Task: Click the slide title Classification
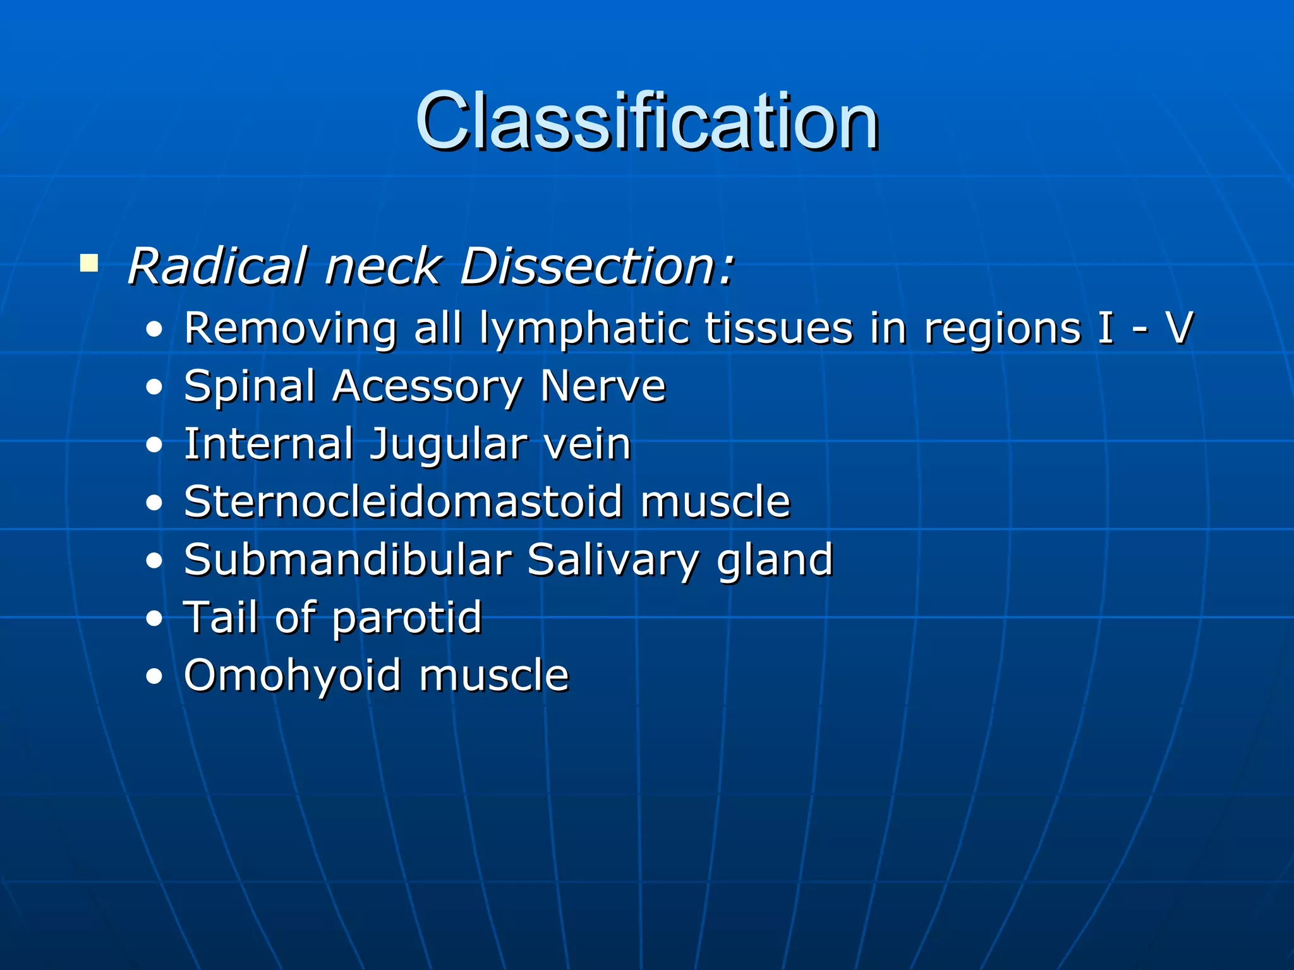[646, 121]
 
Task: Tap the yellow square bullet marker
[89, 263]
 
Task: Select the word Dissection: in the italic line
[597, 266]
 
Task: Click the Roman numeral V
[1178, 328]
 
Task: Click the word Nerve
[603, 386]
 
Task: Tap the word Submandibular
[347, 560]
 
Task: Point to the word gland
[775, 561]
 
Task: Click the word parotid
[407, 618]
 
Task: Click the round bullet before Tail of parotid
[154, 620]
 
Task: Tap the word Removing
[290, 330]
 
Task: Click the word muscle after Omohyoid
[493, 675]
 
